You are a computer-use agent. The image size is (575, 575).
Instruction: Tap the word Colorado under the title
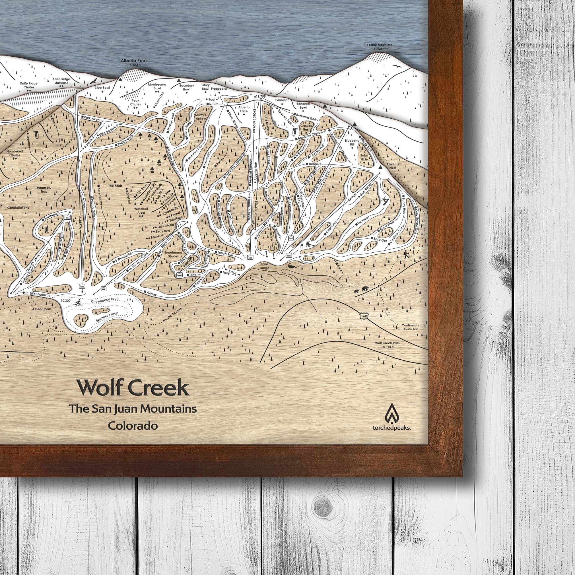[x=133, y=426]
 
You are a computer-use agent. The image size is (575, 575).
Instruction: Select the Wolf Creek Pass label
[x=387, y=345]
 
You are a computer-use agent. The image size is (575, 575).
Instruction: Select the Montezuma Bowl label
[x=157, y=86]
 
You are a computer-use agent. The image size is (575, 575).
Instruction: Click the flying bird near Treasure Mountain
[x=397, y=67]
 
